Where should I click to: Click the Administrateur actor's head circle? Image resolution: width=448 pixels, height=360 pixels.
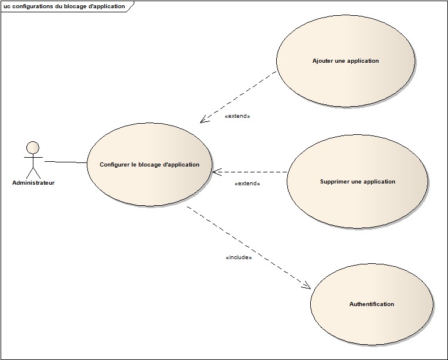click(33, 147)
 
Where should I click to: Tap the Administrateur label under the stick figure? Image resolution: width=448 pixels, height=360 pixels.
click(33, 183)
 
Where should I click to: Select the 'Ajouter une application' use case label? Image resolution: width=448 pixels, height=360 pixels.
click(345, 61)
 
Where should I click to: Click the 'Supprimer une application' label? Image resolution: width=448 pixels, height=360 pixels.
click(358, 182)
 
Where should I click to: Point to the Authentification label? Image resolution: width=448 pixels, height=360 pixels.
click(372, 304)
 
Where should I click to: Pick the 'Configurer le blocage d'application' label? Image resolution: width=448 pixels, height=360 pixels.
click(150, 165)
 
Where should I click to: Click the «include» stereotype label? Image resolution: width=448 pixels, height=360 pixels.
click(239, 257)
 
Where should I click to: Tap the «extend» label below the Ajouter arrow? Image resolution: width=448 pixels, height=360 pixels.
click(237, 116)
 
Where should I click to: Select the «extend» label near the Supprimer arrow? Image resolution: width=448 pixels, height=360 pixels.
click(247, 184)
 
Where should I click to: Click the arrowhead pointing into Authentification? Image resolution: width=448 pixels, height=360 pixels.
click(306, 286)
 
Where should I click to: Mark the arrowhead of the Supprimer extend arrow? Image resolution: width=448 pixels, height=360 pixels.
click(216, 172)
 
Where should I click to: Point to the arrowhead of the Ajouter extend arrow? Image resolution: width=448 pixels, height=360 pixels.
click(203, 120)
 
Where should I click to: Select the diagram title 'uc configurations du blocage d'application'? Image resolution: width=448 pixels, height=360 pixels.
click(64, 6)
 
